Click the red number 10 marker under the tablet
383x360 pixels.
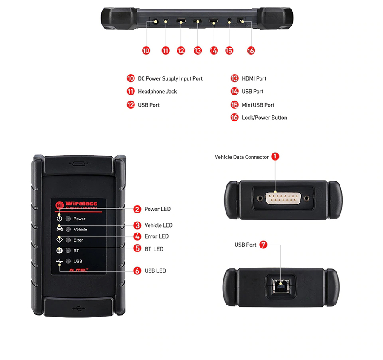click(146, 50)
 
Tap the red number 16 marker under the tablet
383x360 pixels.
click(251, 50)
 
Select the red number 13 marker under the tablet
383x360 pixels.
click(197, 50)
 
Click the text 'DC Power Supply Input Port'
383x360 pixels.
click(170, 78)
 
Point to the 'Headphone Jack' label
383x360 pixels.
click(157, 92)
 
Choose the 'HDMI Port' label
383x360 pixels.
click(254, 78)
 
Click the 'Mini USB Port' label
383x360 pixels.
click(258, 105)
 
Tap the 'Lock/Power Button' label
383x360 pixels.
click(264, 118)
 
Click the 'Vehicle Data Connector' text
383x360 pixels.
click(242, 157)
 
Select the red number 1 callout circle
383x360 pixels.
click(275, 156)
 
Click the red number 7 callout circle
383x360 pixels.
click(263, 245)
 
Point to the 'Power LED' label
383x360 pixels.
click(157, 209)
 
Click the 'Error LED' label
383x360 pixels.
click(156, 236)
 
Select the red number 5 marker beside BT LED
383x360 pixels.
click(137, 248)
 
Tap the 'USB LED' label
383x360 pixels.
click(155, 271)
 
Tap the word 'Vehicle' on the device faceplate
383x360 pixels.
click(80, 229)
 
